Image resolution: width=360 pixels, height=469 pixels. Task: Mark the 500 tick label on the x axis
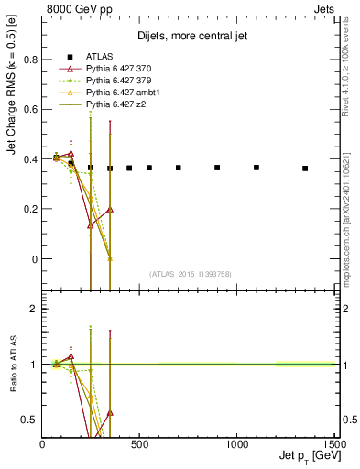pyautogui.click(x=139, y=445)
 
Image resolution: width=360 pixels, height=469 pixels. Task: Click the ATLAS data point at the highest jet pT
pyautogui.click(x=305, y=169)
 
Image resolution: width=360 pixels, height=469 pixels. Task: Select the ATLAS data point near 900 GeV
pyautogui.click(x=217, y=168)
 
